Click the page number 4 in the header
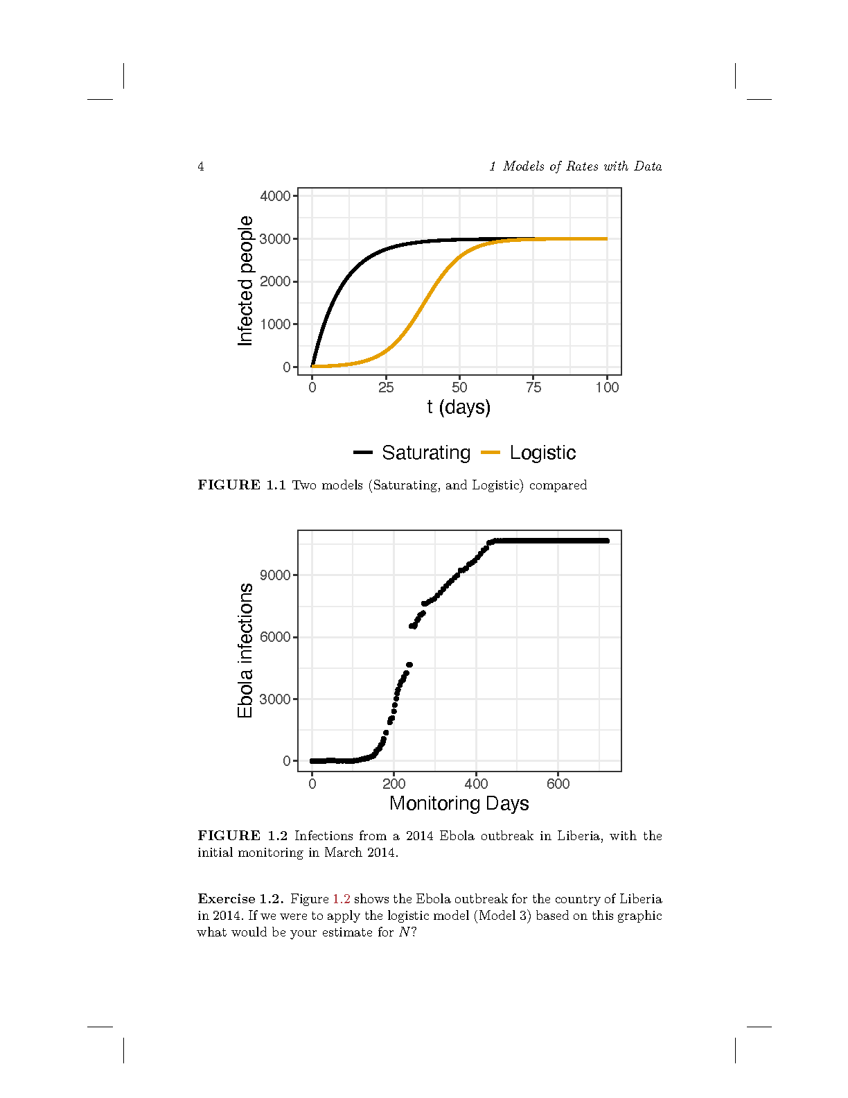[201, 166]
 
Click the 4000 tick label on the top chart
[275, 196]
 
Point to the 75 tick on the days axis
[533, 387]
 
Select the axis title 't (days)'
[459, 407]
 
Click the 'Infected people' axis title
[245, 281]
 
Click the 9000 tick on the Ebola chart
[275, 575]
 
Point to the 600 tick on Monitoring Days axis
[558, 784]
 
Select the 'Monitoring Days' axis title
[459, 803]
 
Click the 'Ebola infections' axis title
[245, 650]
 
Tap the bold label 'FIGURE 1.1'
[242, 485]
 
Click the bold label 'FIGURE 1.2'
[242, 836]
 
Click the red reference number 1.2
[341, 899]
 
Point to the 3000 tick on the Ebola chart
[275, 699]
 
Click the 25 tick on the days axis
[386, 387]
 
